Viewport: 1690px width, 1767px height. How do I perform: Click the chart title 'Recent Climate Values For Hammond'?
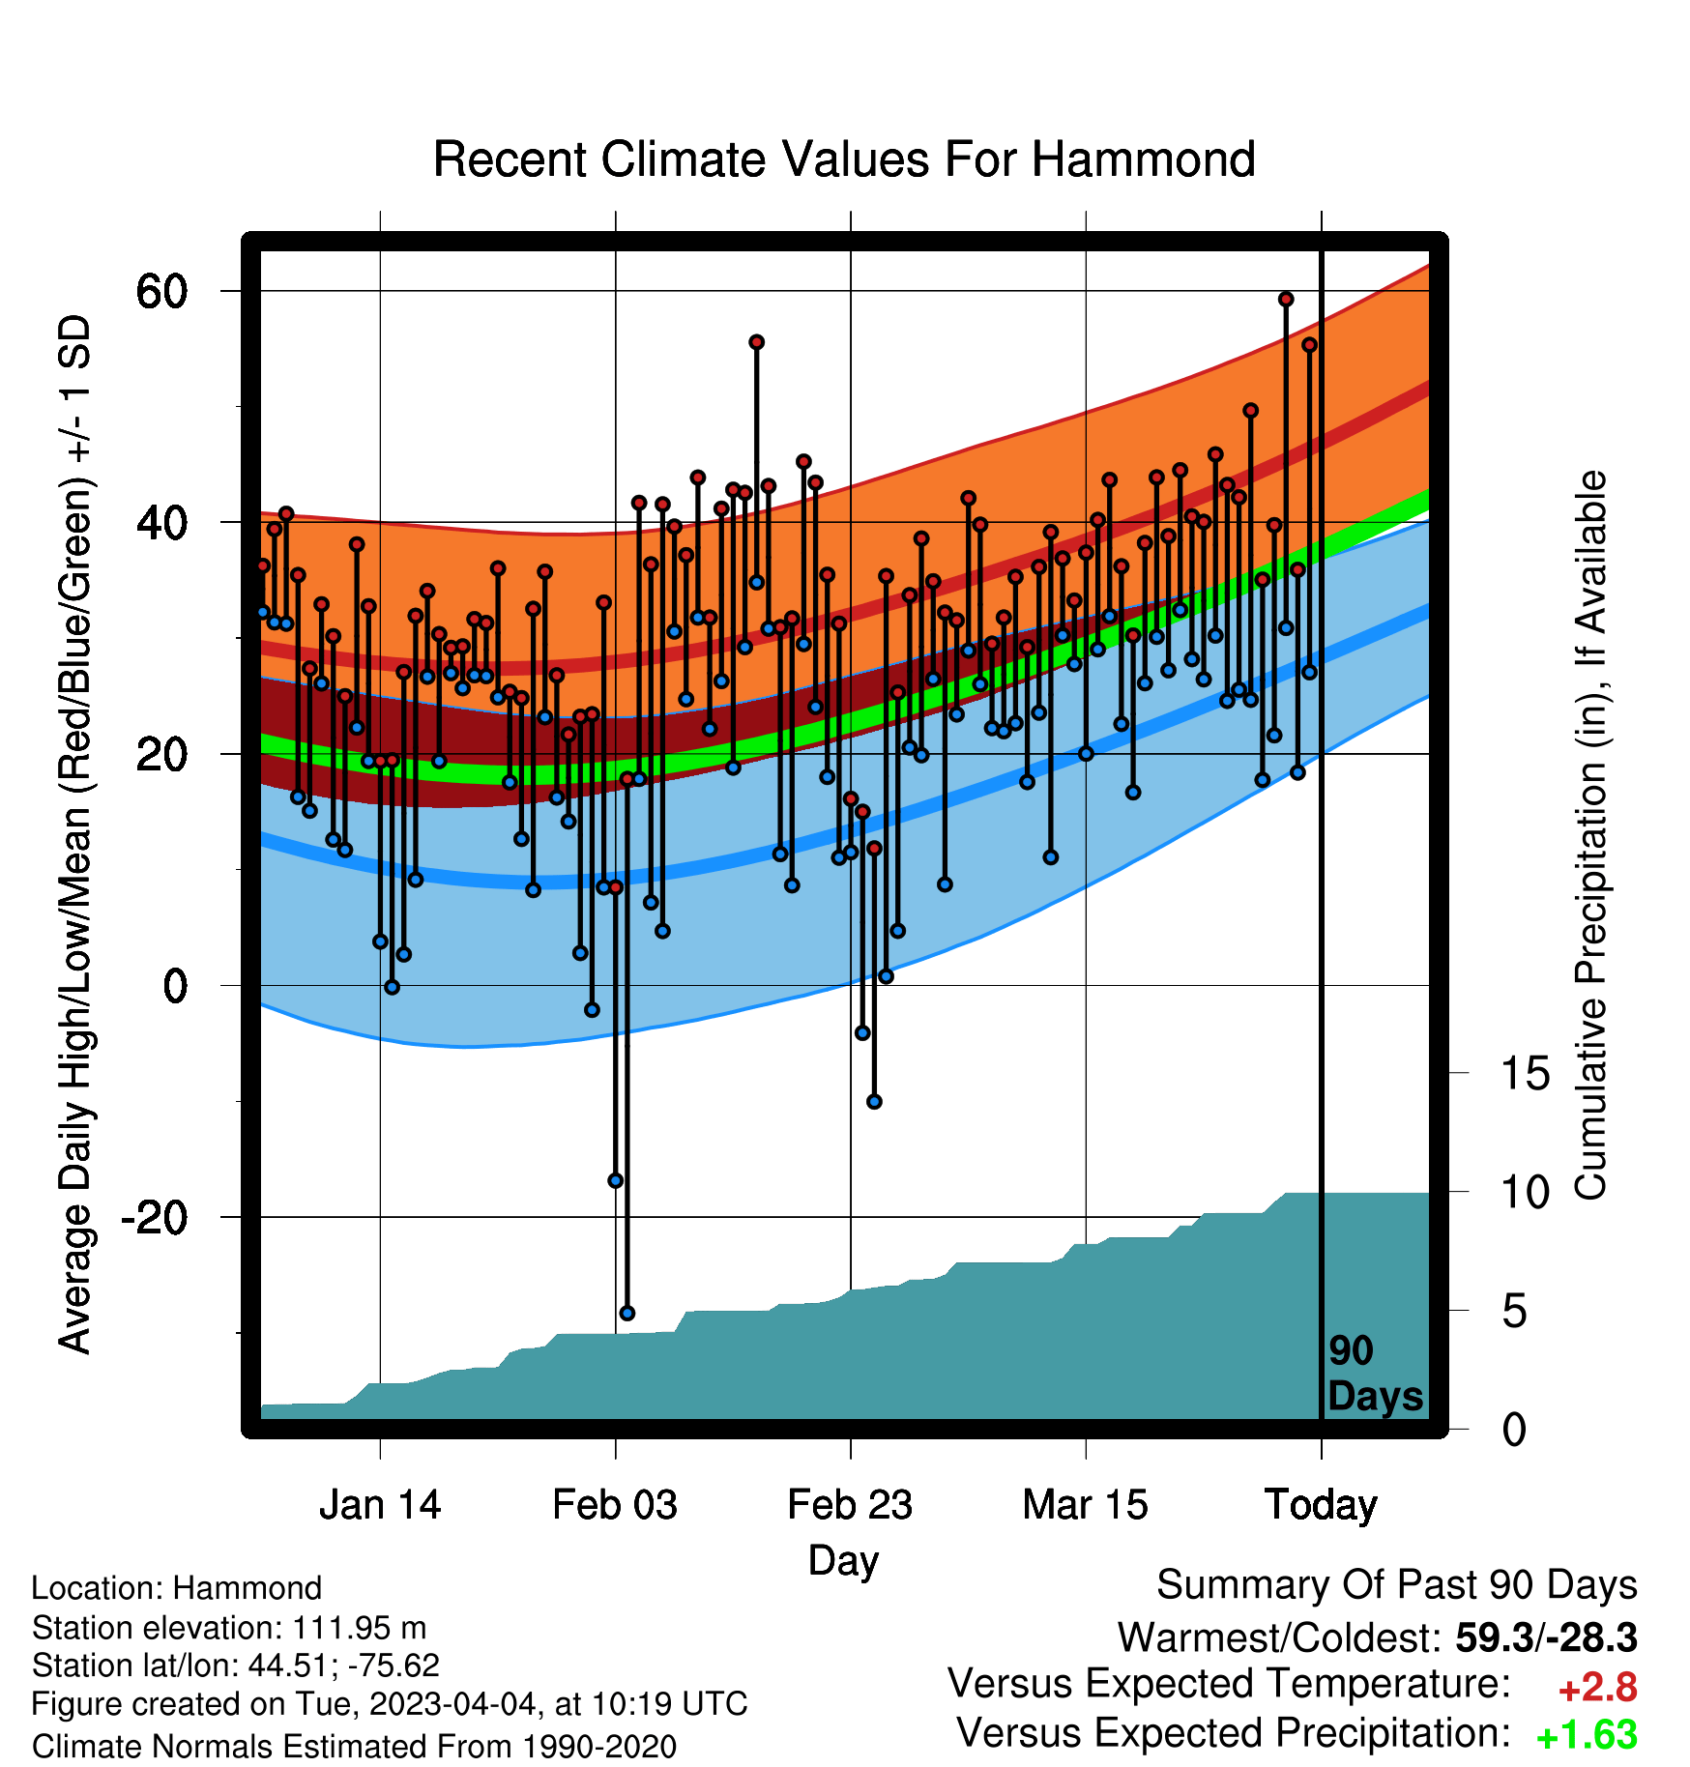pos(844,159)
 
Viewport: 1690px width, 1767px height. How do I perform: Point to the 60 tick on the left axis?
pos(162,291)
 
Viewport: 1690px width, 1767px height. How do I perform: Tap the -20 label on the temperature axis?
pos(154,1217)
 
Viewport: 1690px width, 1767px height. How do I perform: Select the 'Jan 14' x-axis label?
pos(380,1505)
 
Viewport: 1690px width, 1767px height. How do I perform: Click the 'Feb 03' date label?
pos(615,1505)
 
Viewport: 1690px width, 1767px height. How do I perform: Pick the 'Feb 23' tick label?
pos(850,1505)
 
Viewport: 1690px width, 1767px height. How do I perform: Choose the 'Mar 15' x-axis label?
pos(1086,1505)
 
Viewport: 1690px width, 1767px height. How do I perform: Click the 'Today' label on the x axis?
pos(1321,1505)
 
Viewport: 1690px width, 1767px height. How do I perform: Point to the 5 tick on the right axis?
pos(1515,1312)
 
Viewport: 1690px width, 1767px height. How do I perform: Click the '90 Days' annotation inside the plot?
pos(1375,1374)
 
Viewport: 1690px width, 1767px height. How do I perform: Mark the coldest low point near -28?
pos(626,1313)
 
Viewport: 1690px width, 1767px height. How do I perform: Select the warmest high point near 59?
pos(1286,300)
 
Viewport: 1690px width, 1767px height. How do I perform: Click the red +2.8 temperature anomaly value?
pos(1597,1688)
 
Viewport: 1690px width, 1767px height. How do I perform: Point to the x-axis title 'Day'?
pos(844,1561)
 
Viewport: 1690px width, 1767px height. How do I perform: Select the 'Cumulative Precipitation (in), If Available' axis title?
pos(1590,836)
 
